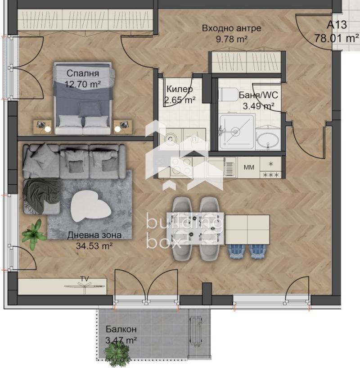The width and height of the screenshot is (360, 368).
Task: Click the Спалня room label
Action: [x=82, y=73]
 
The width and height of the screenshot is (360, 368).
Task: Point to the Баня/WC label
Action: [x=258, y=95]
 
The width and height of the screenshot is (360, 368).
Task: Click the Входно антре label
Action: [x=231, y=28]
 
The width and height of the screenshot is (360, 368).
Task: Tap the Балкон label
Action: [x=121, y=329]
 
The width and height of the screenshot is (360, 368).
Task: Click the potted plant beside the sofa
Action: [x=34, y=233]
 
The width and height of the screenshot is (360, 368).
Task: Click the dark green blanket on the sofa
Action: [x=41, y=191]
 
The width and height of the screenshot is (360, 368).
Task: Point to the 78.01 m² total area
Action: [x=336, y=38]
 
